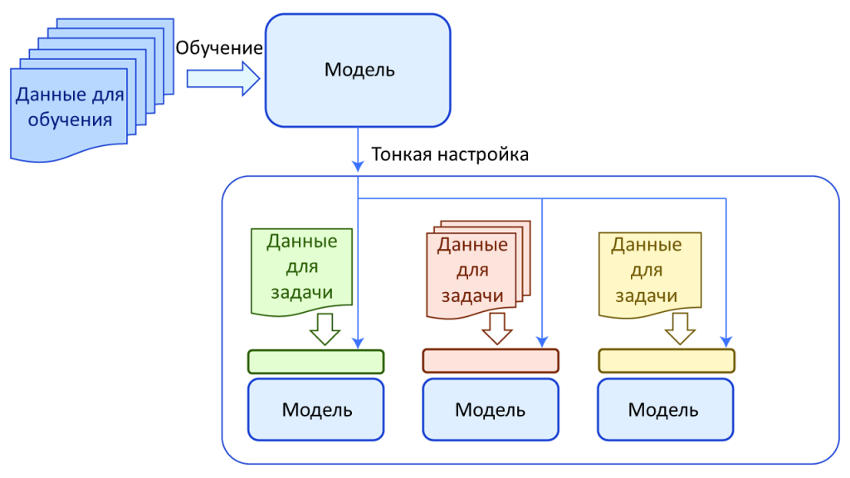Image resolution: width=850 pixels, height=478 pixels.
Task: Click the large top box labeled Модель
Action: tap(358, 70)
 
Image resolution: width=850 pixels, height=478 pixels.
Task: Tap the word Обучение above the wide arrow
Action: tap(219, 48)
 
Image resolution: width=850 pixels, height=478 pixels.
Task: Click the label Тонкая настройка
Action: tap(450, 154)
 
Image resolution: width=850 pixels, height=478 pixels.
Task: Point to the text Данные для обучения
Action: tap(70, 107)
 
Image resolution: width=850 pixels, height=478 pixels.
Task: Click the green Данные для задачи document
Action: tap(301, 270)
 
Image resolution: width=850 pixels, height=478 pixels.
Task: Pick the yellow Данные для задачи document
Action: tap(648, 270)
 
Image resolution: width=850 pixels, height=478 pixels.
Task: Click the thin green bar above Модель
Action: tap(315, 362)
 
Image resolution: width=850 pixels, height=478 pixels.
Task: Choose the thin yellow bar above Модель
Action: tap(667, 361)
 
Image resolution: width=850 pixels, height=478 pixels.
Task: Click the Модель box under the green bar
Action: tap(315, 409)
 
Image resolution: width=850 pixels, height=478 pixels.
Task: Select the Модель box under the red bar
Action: tap(491, 409)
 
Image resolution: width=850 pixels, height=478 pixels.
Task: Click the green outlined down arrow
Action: tap(325, 329)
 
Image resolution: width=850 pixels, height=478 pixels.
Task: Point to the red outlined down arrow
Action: tap(498, 329)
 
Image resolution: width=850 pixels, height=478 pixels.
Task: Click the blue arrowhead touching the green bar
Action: tap(358, 342)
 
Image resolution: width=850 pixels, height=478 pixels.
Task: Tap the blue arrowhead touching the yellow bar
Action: tap(726, 342)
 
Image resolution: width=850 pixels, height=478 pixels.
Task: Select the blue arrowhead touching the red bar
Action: tap(541, 342)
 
